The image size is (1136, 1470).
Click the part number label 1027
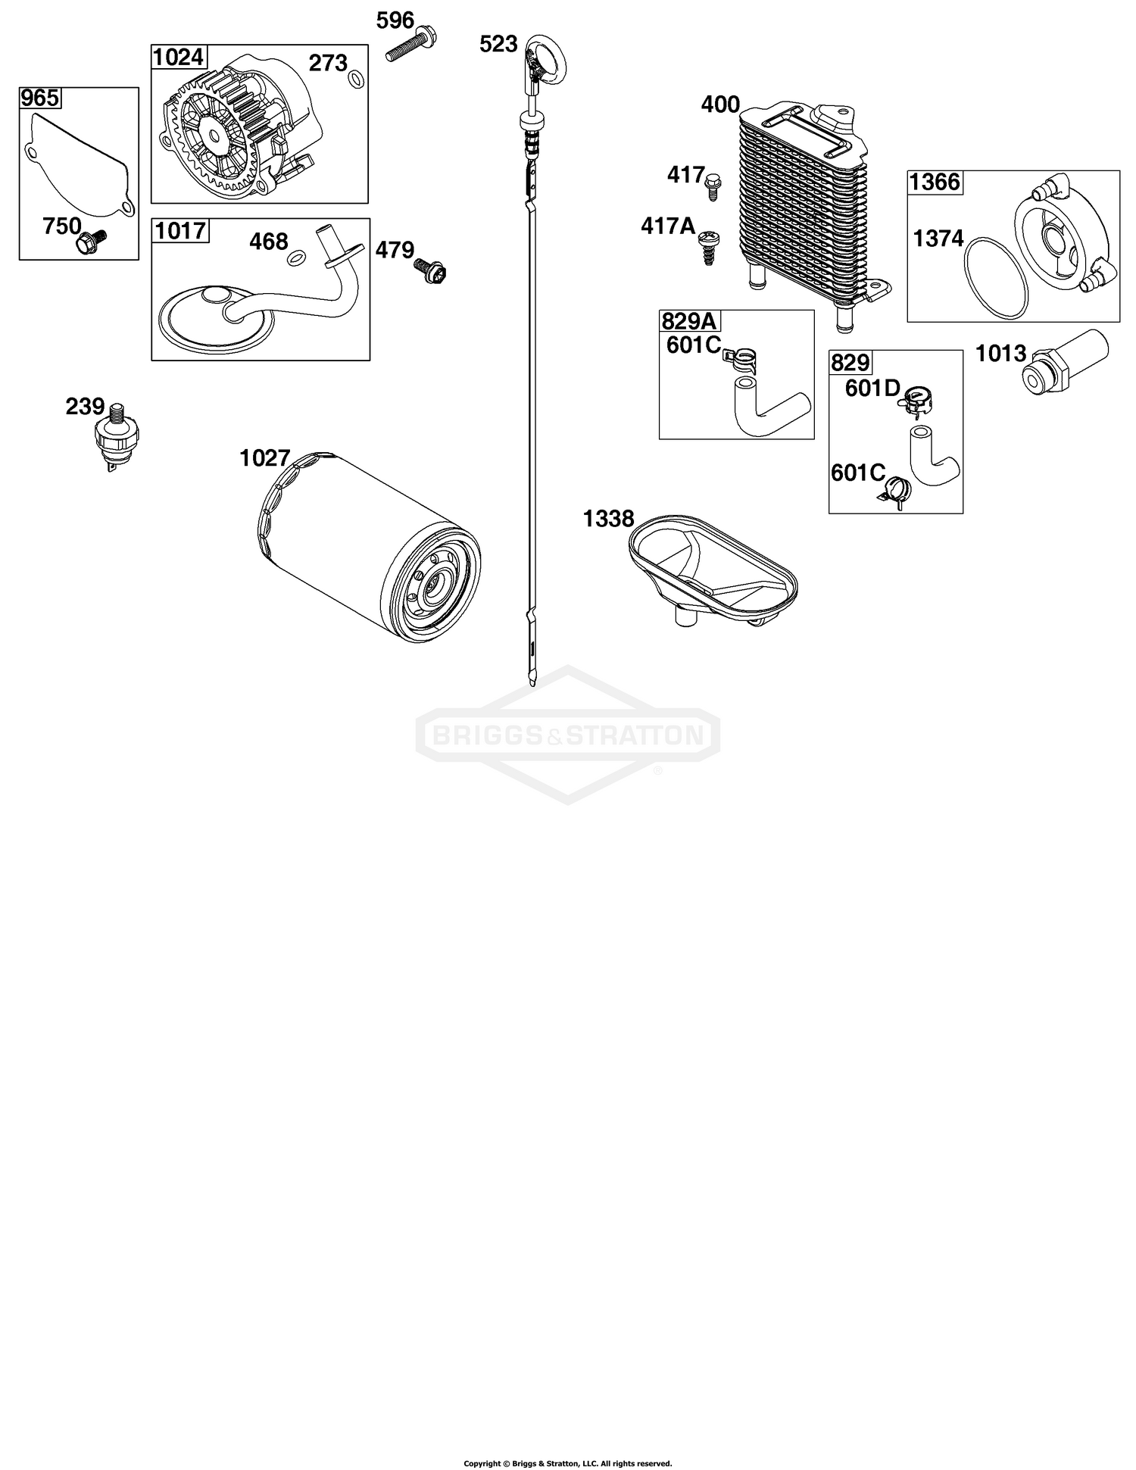pyautogui.click(x=265, y=458)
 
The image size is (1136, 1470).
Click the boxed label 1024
pyautogui.click(x=179, y=58)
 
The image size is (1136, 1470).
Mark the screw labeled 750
pyautogui.click(x=91, y=240)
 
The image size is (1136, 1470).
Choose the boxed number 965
pyautogui.click(x=40, y=98)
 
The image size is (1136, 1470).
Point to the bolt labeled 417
pyautogui.click(x=712, y=186)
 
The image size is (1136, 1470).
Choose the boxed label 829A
pyautogui.click(x=689, y=322)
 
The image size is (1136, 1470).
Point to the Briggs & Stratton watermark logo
pyautogui.click(x=568, y=734)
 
